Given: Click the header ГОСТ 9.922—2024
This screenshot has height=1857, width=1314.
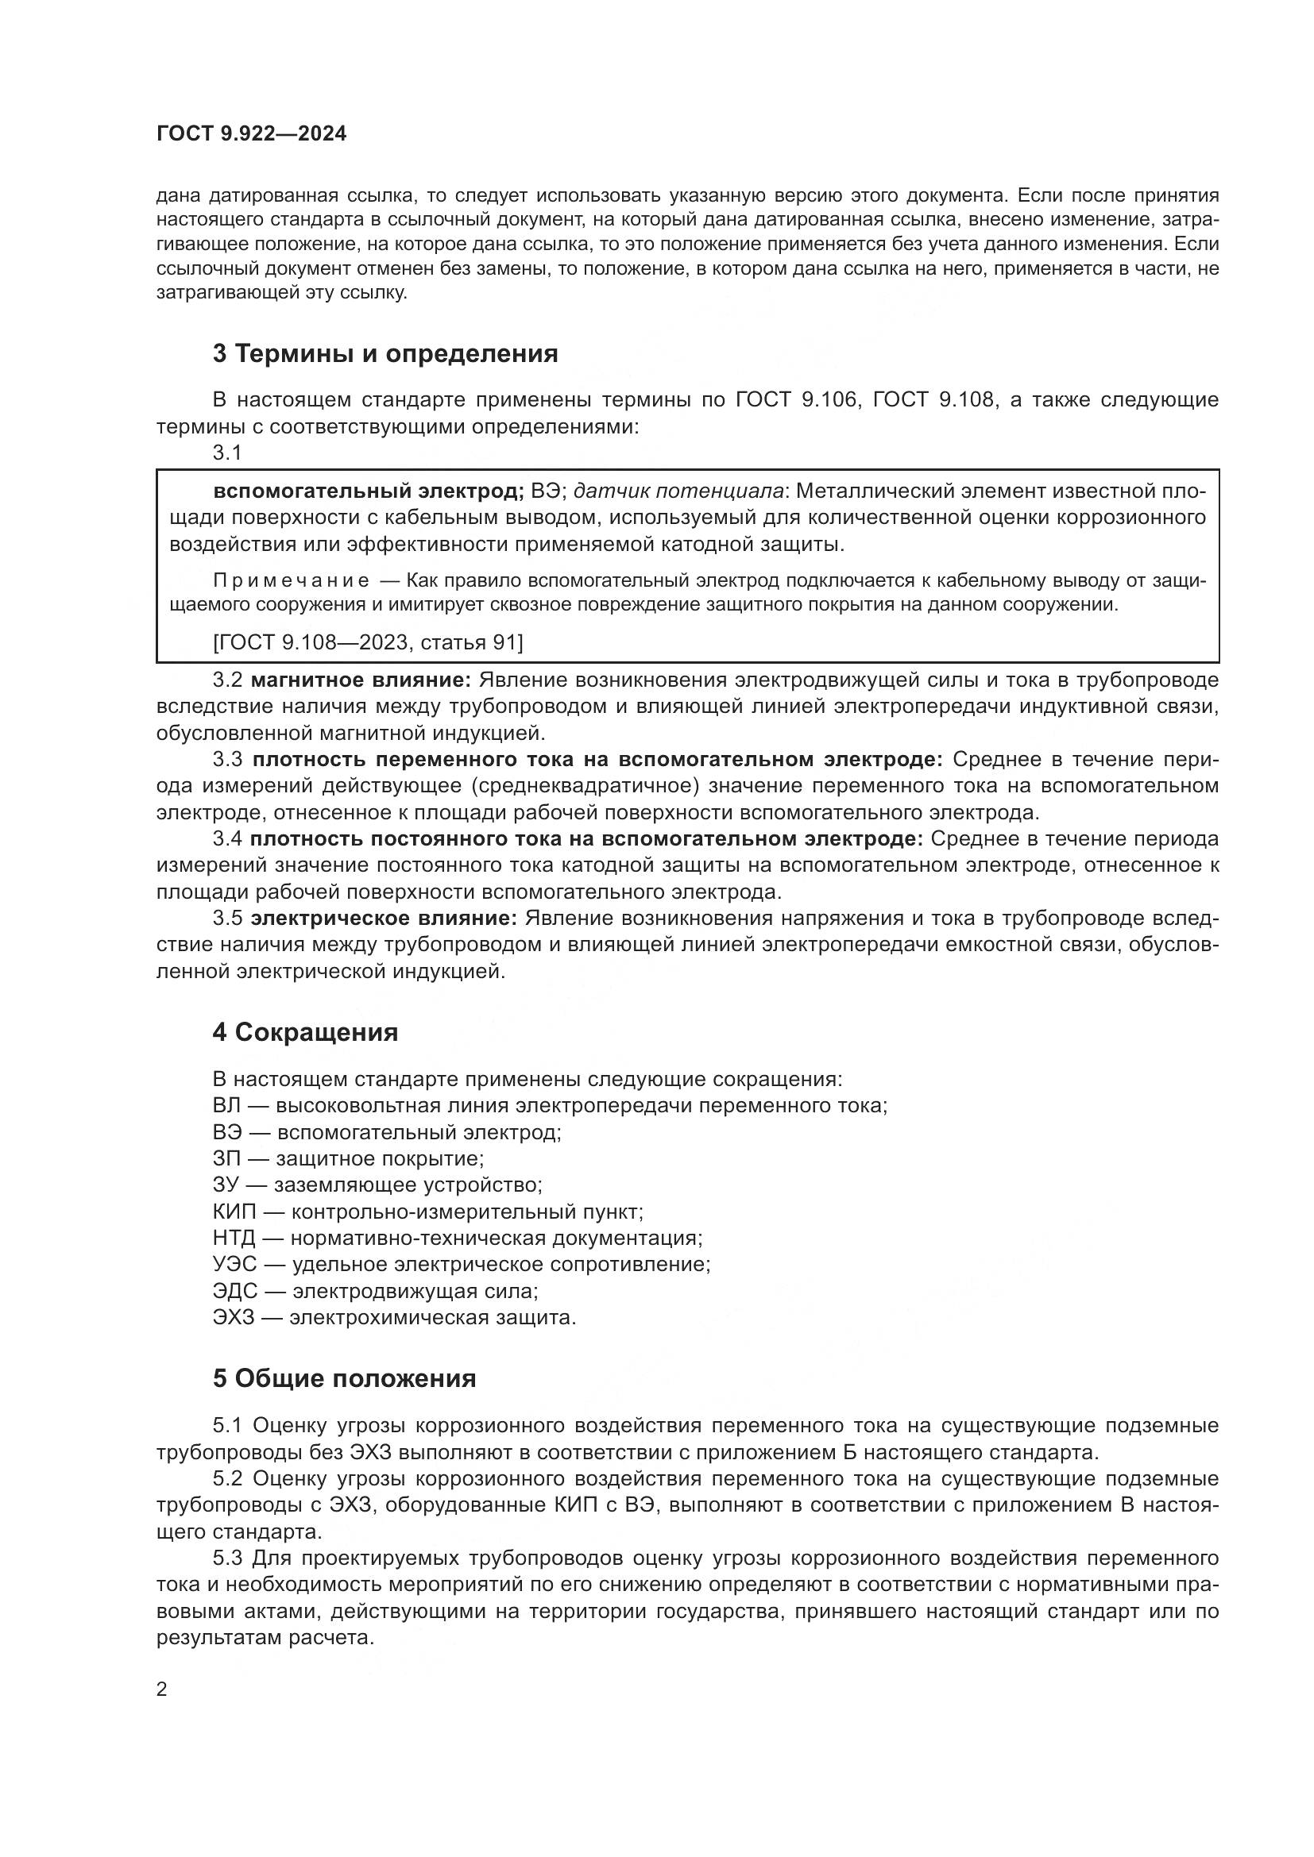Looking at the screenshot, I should point(251,134).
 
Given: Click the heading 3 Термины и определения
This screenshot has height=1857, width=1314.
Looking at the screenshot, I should point(385,353).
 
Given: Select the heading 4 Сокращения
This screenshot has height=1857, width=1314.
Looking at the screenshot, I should point(305,1032).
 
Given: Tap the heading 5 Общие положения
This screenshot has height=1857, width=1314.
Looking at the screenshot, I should point(344,1378).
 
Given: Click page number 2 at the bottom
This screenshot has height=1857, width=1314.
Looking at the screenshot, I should point(161,1689).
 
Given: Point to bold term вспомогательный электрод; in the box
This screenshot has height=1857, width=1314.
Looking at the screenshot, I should point(369,491).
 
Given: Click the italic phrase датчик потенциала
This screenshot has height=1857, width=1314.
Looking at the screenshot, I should point(678,491).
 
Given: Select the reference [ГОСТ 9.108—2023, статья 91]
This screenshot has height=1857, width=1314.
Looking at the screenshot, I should point(368,642).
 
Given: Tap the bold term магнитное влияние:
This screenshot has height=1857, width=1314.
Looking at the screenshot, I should point(361,680).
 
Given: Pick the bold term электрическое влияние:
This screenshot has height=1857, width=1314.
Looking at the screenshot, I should point(384,919).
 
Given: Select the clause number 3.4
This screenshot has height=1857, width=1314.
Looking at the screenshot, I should point(227,839).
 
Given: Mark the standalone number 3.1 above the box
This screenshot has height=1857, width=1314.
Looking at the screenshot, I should point(227,453).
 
